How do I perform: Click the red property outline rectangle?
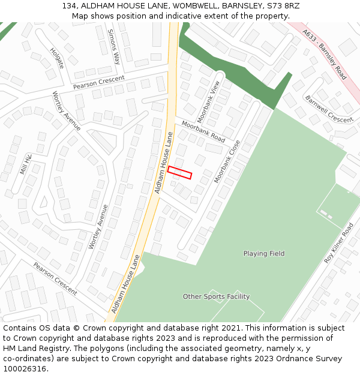pos(179,172)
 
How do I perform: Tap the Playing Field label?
pos(264,254)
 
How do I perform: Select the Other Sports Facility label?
pos(216,296)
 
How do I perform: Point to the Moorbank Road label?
pos(203,131)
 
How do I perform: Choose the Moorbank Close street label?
pos(227,161)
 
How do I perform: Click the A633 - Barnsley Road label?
pos(325,55)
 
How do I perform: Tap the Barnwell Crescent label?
pos(329,109)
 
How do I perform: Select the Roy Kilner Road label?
pos(339,243)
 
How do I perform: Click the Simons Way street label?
pos(114,46)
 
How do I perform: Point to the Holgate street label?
pos(57,58)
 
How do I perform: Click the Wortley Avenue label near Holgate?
pos(66,110)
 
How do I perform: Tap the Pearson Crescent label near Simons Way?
pos(99,82)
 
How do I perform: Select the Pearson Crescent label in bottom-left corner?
pos(55,278)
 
